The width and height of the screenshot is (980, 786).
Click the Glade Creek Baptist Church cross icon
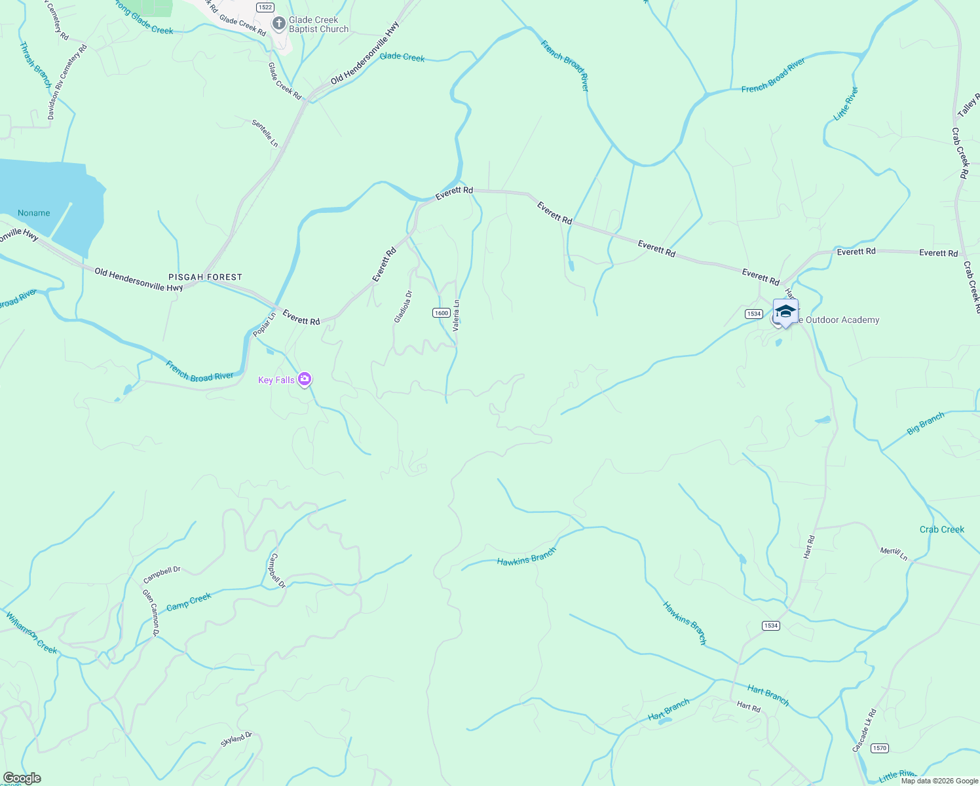tap(279, 24)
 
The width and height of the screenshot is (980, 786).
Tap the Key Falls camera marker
tap(304, 379)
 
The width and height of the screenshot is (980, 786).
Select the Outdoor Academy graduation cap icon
tap(785, 311)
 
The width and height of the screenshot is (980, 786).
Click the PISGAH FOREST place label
tap(205, 277)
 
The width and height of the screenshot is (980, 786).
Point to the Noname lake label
tap(34, 213)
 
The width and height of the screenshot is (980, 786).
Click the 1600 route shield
tap(442, 313)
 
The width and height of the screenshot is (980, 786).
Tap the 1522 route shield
tap(265, 7)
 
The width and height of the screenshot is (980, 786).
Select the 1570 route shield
tap(880, 748)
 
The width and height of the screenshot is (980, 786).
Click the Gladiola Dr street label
tap(403, 307)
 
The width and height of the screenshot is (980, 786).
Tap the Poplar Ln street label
tap(265, 325)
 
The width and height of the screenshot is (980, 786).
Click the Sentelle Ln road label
tap(265, 133)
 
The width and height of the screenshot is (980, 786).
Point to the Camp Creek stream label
tap(189, 601)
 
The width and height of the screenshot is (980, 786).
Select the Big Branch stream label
tap(926, 423)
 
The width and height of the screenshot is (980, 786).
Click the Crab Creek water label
tap(941, 529)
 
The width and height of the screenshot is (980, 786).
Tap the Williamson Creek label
tap(31, 632)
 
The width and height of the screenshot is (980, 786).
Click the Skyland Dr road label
tap(236, 739)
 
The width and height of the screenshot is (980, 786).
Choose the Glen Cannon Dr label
tap(151, 613)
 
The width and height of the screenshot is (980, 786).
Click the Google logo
tap(22, 778)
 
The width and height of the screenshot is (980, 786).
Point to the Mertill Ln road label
tap(894, 553)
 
